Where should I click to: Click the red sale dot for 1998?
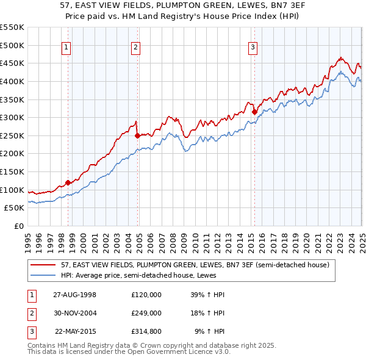(x=68, y=182)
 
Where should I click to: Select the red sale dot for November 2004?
(x=138, y=135)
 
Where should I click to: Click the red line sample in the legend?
(x=43, y=265)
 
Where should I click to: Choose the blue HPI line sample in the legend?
(x=43, y=275)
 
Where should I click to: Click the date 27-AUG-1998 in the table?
(x=75, y=294)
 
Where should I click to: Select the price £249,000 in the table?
(x=146, y=313)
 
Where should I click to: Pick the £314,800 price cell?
(x=146, y=332)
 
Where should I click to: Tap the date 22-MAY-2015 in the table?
(x=75, y=332)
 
